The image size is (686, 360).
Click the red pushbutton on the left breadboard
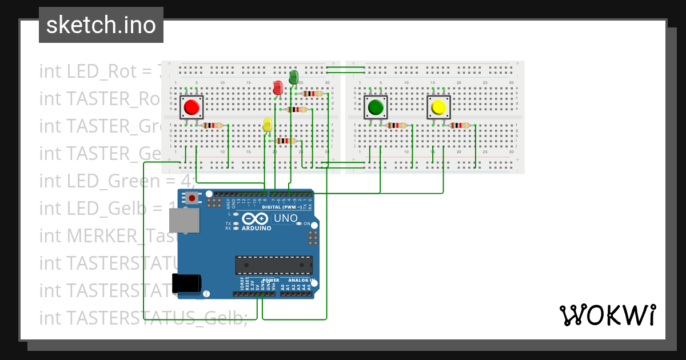click(x=192, y=107)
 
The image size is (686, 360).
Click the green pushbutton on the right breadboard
click(x=376, y=107)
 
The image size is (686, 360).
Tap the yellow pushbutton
click(x=439, y=107)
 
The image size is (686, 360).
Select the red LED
click(x=278, y=88)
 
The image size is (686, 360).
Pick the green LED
click(x=294, y=77)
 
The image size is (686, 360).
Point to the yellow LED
click(x=267, y=125)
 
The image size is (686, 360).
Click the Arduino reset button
click(x=193, y=199)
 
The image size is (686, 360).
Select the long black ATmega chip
click(x=274, y=265)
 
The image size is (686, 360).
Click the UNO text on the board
click(x=286, y=218)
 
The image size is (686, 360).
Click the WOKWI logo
click(x=607, y=315)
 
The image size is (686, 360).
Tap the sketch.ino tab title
click(x=101, y=25)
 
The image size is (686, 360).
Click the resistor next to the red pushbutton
click(x=213, y=126)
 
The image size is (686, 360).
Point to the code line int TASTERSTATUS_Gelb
click(x=143, y=318)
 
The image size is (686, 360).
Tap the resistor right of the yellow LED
click(x=285, y=141)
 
